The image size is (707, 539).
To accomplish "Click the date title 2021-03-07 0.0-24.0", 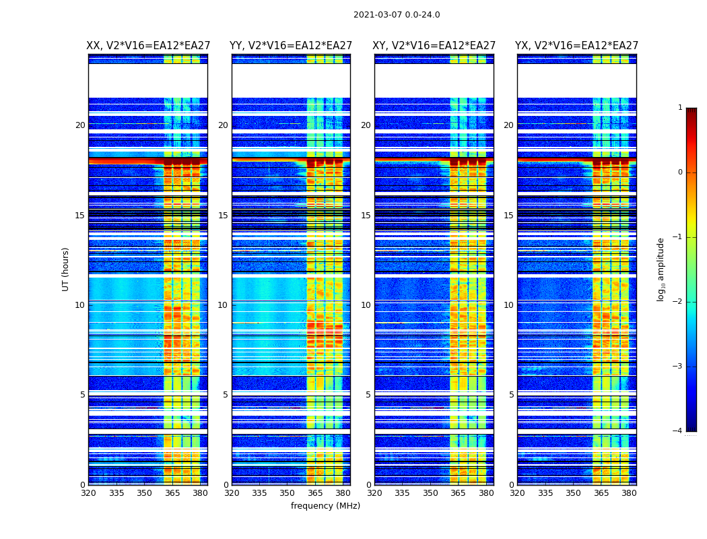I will [397, 15].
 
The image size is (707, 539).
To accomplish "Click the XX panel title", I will [148, 46].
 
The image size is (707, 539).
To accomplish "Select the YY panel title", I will [291, 46].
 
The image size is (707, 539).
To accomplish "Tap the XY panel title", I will [434, 46].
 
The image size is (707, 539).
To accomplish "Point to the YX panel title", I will [577, 46].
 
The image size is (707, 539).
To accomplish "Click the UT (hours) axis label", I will [66, 269].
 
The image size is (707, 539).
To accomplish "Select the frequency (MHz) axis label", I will [325, 506].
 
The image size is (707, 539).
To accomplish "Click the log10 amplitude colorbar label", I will [661, 269].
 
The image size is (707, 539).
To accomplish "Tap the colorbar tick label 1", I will [680, 108].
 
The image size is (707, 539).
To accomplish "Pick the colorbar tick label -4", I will [678, 431].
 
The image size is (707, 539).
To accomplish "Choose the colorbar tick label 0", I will [680, 172].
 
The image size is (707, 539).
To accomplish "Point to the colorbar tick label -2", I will [678, 302].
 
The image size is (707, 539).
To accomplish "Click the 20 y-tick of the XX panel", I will [80, 125].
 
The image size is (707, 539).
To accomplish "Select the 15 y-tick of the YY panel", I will [223, 216].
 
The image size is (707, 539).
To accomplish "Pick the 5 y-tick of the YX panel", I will [511, 395].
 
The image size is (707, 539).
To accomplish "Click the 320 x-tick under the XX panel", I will [88, 493].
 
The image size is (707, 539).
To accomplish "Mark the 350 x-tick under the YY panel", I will [287, 493].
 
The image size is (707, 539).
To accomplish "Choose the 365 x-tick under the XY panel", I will [458, 493].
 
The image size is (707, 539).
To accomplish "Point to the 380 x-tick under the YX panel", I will [629, 493].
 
